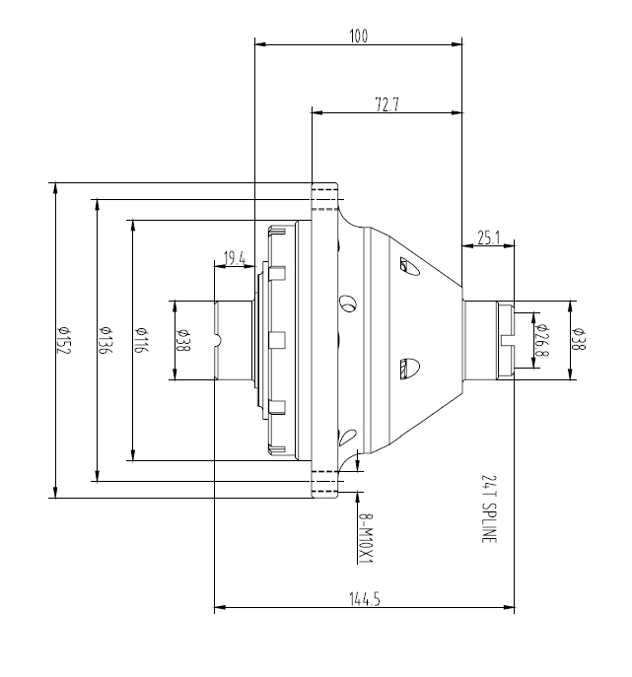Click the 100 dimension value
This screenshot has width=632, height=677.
[x=358, y=36]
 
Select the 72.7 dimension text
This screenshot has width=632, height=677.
[x=386, y=104]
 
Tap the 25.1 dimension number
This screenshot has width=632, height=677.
[x=489, y=237]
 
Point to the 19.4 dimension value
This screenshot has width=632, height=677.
[x=235, y=258]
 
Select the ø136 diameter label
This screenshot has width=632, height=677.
[x=105, y=340]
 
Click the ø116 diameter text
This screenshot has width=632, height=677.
[x=141, y=340]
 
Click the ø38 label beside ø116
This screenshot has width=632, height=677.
[x=182, y=340]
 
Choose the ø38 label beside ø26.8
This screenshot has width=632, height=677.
[x=579, y=340]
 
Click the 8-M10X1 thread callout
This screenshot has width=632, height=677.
[x=365, y=537]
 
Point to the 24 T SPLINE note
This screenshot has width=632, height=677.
[x=488, y=508]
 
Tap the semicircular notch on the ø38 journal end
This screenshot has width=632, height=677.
[x=219, y=341]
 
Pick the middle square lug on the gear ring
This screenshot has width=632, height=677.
[x=277, y=340]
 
